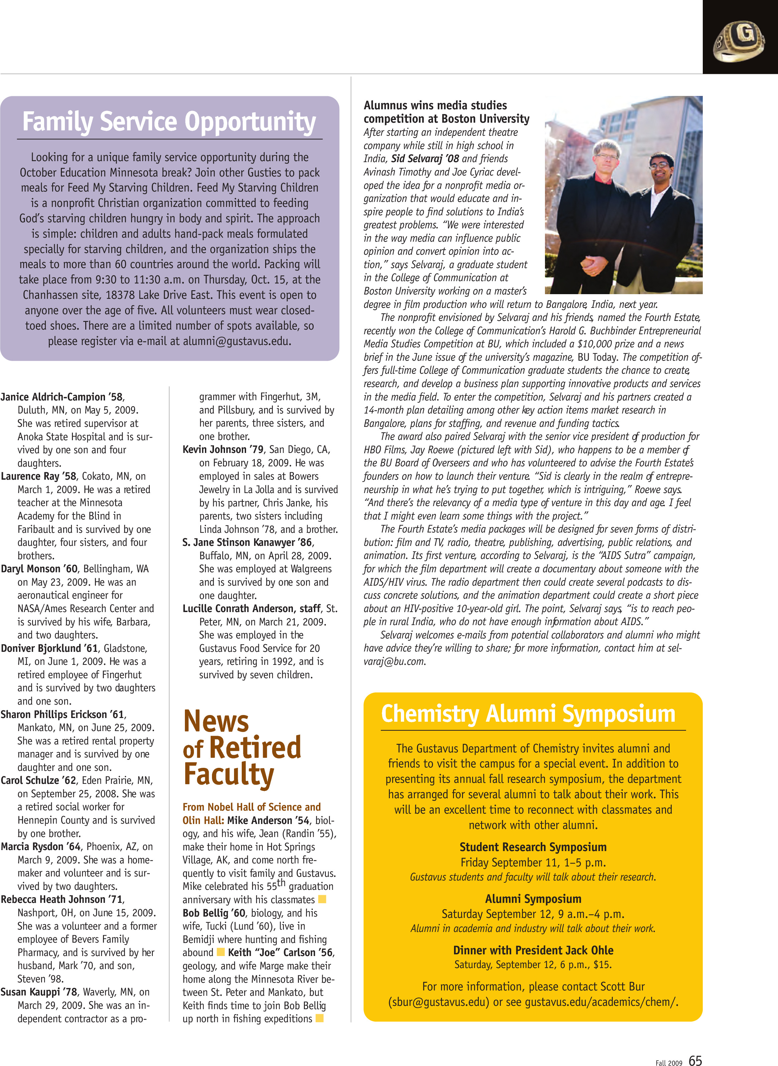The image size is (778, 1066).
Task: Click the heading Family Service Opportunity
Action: (x=169, y=121)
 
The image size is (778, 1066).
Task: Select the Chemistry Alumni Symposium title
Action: (x=528, y=714)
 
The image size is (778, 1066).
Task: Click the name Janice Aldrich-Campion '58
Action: (x=62, y=397)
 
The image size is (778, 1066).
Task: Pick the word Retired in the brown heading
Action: (x=255, y=748)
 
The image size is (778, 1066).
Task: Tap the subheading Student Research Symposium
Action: (x=533, y=847)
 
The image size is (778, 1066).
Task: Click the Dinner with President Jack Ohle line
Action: (x=533, y=950)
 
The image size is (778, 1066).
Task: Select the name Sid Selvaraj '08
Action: (x=425, y=159)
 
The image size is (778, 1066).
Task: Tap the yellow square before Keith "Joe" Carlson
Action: (x=220, y=952)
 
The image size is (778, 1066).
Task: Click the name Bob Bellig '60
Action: (x=214, y=913)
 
